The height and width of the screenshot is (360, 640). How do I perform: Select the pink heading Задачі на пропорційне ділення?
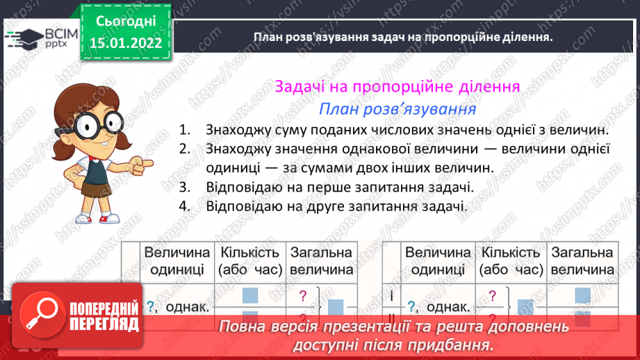point(397,88)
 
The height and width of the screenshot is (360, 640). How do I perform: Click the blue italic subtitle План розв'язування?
point(397,109)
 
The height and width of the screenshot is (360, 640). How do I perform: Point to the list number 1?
point(183,130)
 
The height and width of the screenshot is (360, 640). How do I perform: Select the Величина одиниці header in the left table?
point(177,261)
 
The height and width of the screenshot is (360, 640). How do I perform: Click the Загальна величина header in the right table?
point(582,261)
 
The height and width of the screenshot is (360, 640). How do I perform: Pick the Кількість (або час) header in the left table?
point(249,261)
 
